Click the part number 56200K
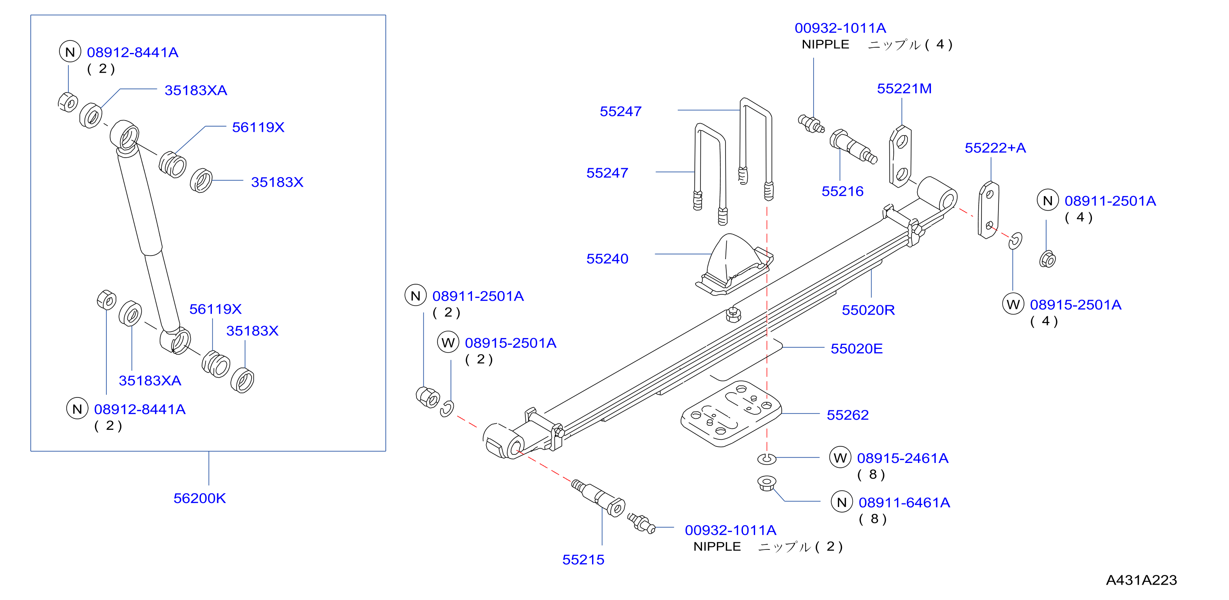click(199, 498)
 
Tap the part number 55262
click(848, 414)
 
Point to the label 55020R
click(868, 310)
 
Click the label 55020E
click(857, 349)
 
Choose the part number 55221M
click(905, 89)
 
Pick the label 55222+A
click(995, 148)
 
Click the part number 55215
click(583, 560)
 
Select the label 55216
click(842, 191)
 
